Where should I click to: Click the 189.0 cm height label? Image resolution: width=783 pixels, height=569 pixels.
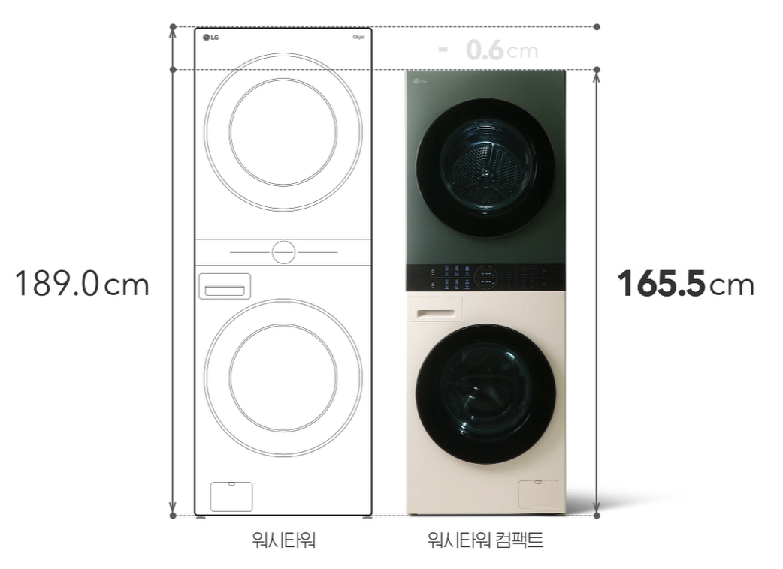click(82, 284)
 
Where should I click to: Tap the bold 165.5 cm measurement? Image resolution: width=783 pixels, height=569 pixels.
click(685, 284)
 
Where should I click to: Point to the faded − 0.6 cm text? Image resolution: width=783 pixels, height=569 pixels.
click(488, 50)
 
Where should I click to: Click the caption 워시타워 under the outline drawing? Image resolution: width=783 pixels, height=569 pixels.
click(283, 540)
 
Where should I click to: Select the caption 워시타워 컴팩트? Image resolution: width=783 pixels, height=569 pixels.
click(485, 540)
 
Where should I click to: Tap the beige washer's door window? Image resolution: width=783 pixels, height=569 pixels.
click(486, 393)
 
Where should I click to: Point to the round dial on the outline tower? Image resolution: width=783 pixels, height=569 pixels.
click(283, 253)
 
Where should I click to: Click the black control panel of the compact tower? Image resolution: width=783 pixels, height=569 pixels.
click(485, 276)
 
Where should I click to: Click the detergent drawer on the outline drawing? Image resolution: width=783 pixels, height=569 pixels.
click(225, 287)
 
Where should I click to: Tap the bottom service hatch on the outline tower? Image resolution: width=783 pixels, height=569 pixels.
click(231, 495)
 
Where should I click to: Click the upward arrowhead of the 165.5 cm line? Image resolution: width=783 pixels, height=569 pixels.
click(597, 75)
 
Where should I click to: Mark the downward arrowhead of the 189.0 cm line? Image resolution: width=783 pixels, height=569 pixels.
click(173, 508)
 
